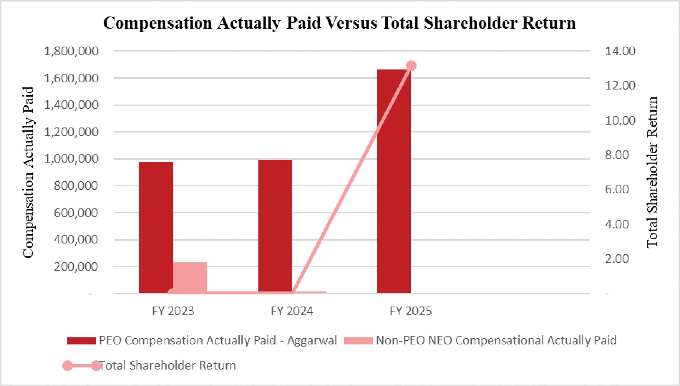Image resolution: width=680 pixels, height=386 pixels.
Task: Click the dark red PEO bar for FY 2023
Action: click(x=156, y=227)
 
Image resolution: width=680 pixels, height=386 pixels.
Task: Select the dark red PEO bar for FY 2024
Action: click(x=275, y=226)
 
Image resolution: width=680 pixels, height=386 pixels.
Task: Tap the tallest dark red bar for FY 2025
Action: click(x=394, y=181)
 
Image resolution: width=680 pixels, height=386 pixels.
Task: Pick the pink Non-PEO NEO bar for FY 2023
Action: click(x=190, y=278)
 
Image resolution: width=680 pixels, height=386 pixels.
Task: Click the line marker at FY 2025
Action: click(x=411, y=66)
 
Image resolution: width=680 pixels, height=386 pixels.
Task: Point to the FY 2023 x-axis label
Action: click(x=173, y=311)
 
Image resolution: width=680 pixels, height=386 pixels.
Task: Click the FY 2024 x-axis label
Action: click(x=292, y=311)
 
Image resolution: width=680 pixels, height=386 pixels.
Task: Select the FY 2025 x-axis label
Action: click(x=411, y=311)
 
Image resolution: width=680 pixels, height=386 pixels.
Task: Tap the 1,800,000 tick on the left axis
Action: click(x=71, y=51)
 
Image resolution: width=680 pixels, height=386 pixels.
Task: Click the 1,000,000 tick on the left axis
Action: click(x=71, y=159)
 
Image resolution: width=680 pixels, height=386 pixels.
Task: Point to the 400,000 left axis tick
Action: click(x=76, y=239)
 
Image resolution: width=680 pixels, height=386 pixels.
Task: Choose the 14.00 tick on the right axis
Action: click(x=620, y=51)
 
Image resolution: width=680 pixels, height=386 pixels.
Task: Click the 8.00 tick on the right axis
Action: click(x=617, y=155)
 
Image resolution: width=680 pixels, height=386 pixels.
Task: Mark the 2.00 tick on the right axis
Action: click(x=617, y=259)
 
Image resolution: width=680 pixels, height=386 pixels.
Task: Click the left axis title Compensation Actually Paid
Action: click(x=28, y=172)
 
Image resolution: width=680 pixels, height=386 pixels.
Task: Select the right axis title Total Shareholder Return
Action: click(x=652, y=172)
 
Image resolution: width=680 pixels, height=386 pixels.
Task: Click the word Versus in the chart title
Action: click(x=351, y=23)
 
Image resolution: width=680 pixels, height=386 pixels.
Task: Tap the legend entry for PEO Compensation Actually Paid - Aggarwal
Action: click(x=202, y=340)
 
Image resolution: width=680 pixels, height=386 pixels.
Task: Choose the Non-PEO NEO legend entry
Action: click(x=480, y=340)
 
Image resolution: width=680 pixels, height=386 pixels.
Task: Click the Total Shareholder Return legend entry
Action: click(x=149, y=366)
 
